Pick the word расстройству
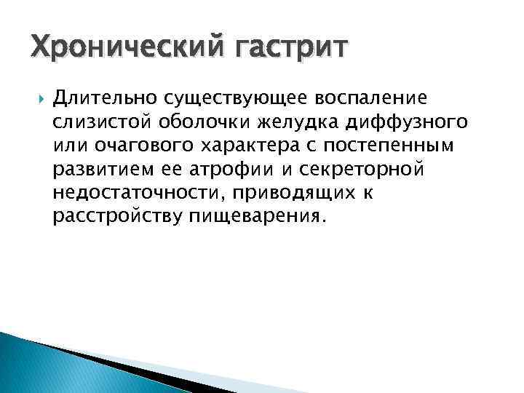click(x=116, y=217)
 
